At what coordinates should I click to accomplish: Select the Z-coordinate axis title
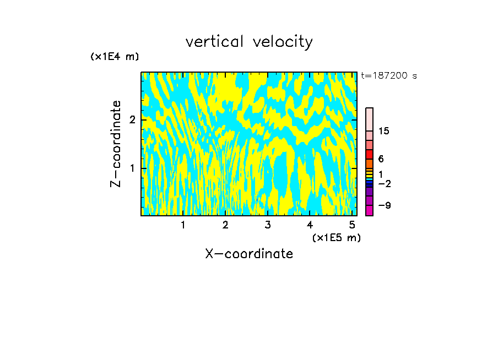[x=116, y=144]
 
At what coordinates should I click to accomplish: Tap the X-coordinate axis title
[x=249, y=254]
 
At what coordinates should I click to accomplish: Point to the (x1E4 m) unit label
[x=115, y=57]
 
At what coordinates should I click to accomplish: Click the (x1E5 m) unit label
[x=336, y=237]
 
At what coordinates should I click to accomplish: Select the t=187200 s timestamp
[x=389, y=76]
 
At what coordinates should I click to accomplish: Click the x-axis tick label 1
[x=183, y=225]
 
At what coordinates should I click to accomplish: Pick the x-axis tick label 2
[x=225, y=225]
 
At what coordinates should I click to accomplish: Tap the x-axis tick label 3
[x=268, y=225]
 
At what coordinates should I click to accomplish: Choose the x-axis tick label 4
[x=310, y=225]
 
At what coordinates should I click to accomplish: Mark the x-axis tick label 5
[x=352, y=225]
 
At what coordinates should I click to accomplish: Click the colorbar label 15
[x=384, y=131]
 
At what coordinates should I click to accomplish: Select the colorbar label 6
[x=381, y=159]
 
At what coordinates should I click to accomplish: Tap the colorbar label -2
[x=385, y=183]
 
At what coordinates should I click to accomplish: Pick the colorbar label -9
[x=385, y=205]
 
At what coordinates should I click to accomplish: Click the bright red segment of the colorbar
[x=369, y=155]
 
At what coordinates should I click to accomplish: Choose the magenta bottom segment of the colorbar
[x=369, y=210]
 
